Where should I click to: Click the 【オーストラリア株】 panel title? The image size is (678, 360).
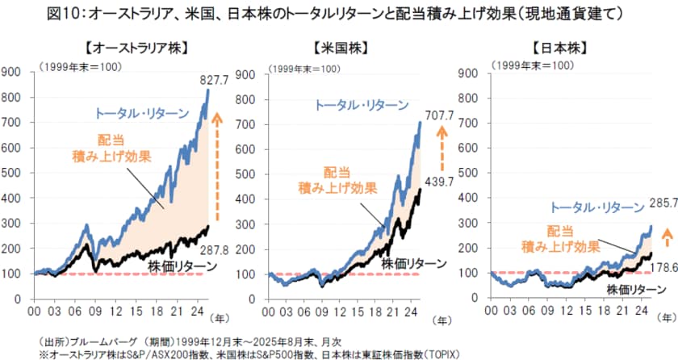pyautogui.click(x=118, y=46)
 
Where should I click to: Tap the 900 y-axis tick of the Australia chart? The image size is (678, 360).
pyautogui.click(x=13, y=73)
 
